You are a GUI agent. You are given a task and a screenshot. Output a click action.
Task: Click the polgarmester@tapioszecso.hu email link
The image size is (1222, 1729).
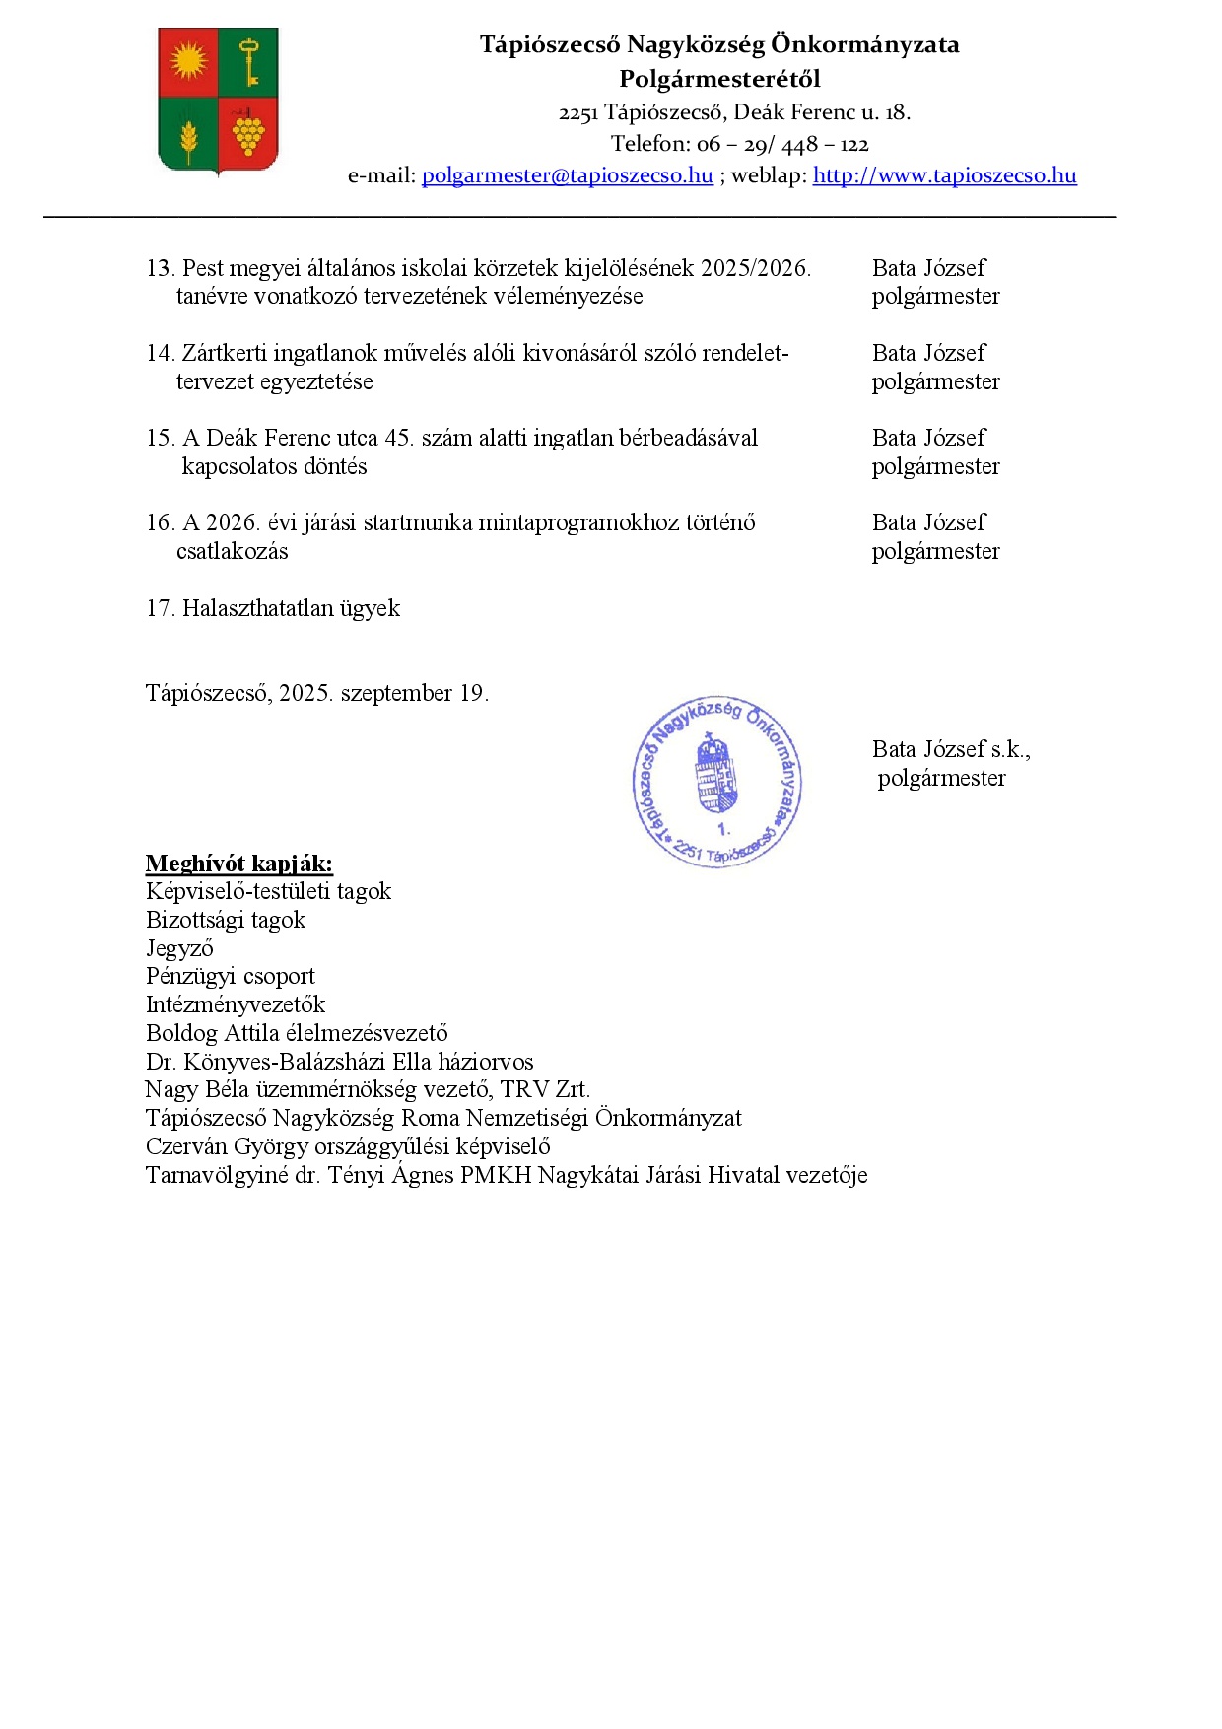(567, 175)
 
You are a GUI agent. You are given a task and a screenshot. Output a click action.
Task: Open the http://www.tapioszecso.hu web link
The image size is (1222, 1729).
(944, 175)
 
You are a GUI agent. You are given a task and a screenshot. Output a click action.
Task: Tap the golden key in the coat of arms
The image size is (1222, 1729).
(249, 61)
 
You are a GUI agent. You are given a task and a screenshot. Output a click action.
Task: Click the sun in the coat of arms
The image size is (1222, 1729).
(188, 62)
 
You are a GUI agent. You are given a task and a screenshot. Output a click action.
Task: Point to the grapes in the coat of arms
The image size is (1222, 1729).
(248, 133)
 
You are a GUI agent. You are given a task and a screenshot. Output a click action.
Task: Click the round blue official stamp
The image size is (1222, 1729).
(716, 783)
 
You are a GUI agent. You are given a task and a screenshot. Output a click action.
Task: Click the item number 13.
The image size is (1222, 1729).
(160, 268)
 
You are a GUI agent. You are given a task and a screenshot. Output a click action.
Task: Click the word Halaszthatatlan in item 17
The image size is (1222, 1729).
(257, 608)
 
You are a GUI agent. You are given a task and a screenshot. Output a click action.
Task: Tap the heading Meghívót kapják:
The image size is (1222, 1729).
(238, 864)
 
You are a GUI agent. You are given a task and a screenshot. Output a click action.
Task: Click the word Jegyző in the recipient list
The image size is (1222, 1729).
(179, 948)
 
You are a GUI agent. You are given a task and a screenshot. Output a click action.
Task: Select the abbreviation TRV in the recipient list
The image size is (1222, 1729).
(524, 1089)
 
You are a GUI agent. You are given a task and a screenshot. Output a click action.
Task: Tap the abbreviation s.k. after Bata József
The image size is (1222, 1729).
(1010, 749)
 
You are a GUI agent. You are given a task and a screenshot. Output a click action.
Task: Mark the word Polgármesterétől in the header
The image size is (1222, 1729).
(719, 79)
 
